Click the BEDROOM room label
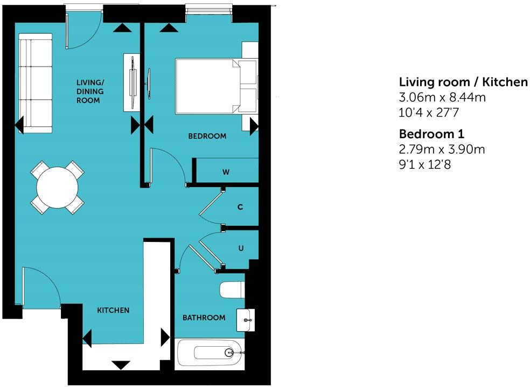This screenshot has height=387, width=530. coord(207,137)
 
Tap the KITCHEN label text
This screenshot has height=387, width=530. coord(113,311)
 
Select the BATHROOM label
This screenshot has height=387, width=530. coord(204,318)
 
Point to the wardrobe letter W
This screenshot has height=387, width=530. coord(227,173)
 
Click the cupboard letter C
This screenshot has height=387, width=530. coord(240,206)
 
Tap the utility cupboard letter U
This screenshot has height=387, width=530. coord(241,248)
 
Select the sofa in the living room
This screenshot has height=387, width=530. coord(36,83)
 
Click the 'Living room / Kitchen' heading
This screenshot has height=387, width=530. coord(463,82)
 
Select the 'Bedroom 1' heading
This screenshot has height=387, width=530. coord(431,133)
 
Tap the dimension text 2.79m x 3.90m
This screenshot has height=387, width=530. coord(442,149)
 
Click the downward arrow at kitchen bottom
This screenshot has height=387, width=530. coord(121,365)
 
